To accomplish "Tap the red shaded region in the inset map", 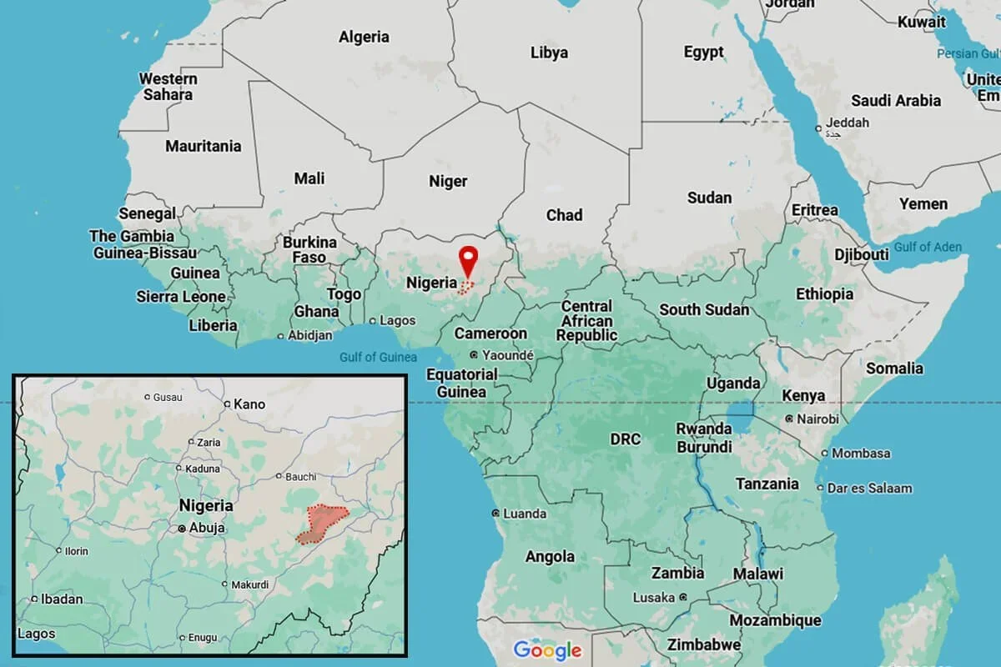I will click(321, 524).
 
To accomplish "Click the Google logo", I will click(546, 649).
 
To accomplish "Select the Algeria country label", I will click(364, 37).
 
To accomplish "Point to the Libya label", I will click(549, 53).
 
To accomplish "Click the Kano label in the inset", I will click(249, 404).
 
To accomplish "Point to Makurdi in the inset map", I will click(249, 584).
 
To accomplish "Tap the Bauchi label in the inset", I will click(300, 477).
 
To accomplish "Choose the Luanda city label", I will click(526, 514).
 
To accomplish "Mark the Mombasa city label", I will click(861, 454).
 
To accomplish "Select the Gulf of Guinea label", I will click(378, 358).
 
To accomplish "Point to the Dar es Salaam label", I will click(869, 488).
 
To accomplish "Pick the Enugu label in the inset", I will click(202, 637).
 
